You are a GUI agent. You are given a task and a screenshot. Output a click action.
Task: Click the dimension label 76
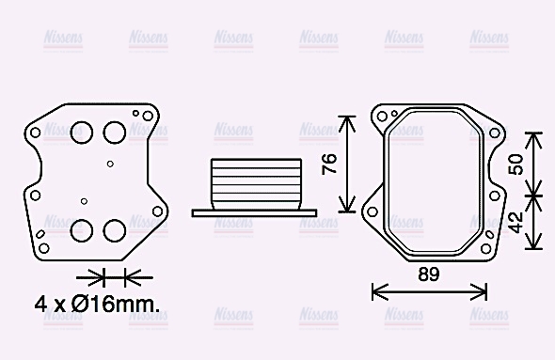click(x=328, y=164)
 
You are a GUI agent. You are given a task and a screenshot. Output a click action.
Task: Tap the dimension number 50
click(x=515, y=164)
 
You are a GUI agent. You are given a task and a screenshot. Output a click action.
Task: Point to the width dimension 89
click(x=429, y=275)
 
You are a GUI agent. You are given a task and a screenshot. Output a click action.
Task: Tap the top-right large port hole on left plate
click(x=115, y=132)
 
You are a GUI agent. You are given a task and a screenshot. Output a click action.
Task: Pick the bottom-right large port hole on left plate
click(x=115, y=229)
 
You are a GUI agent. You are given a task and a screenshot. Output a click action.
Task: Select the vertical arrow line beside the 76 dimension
click(x=348, y=164)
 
